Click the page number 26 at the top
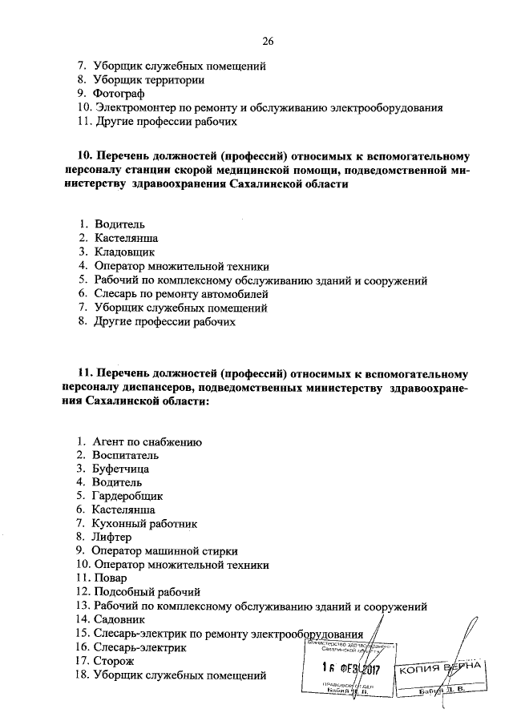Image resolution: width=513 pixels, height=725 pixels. (x=268, y=41)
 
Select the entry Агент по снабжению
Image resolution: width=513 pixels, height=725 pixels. (x=147, y=441)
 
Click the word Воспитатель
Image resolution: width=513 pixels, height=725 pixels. (x=126, y=455)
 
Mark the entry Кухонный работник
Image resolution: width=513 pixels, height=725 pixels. (x=144, y=523)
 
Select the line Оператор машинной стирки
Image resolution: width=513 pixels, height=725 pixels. (x=164, y=551)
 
